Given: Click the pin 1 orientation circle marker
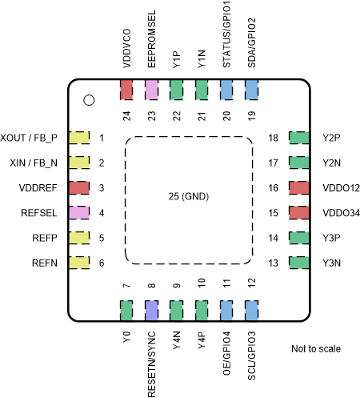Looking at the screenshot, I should point(90,100).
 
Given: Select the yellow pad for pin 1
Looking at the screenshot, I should point(78,138).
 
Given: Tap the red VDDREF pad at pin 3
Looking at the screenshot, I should point(78,188).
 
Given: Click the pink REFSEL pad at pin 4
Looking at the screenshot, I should point(78,213).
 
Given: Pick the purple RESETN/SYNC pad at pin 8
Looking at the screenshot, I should point(151,311).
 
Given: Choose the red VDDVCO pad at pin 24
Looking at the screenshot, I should point(126,89).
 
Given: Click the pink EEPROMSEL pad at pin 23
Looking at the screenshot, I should point(151,89).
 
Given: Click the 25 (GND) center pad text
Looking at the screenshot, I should point(189,197).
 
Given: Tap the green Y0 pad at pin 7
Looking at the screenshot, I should point(126,311).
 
